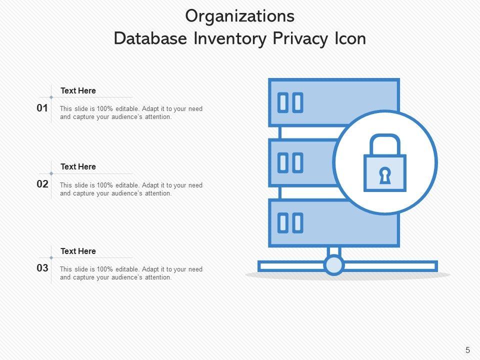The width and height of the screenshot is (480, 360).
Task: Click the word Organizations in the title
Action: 239,16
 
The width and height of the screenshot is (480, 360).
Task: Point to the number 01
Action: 42,108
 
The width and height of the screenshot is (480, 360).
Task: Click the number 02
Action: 42,184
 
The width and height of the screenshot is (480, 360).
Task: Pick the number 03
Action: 42,268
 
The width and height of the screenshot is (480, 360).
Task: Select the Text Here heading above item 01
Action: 78,90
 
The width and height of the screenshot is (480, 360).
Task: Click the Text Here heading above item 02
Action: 78,166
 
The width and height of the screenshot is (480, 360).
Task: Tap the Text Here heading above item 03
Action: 78,251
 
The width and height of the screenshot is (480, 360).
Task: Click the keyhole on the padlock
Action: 385,175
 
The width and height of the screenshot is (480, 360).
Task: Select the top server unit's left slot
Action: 283,102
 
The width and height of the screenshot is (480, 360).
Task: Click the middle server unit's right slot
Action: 297,163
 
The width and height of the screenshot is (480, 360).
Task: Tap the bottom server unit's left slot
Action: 283,223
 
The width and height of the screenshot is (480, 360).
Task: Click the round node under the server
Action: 333,265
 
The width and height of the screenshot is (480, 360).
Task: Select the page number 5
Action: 467,350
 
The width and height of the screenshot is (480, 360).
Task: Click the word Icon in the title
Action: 350,38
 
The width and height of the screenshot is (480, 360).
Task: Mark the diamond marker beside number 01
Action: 51,97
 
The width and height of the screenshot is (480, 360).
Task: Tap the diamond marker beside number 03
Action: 51,257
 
